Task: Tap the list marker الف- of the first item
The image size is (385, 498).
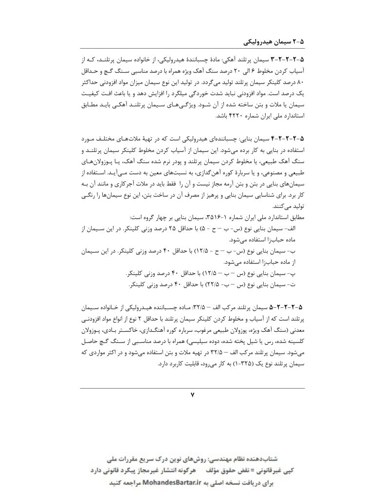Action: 297,228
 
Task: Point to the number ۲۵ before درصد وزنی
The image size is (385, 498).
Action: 171,228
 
